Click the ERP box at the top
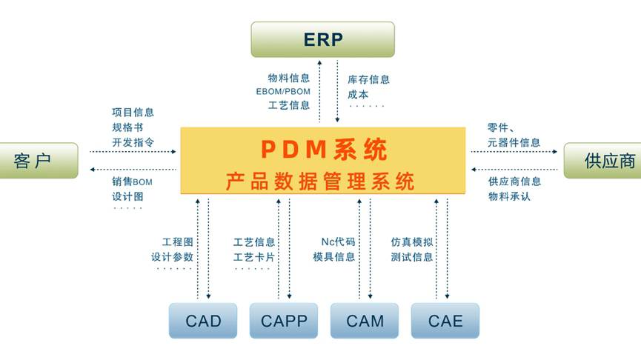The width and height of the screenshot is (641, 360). coord(322,39)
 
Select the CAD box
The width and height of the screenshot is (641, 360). coord(202,321)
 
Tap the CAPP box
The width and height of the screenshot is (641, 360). coord(283,321)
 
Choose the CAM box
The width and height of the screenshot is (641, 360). coord(365,321)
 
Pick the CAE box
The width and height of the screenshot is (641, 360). coord(445,321)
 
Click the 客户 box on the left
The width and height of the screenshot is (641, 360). coord(36,161)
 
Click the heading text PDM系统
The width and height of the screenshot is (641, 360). coord(323,150)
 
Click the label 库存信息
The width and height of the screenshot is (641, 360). coord(368,79)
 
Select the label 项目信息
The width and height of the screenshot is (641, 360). coord(133,113)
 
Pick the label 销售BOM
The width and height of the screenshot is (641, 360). coord(132,181)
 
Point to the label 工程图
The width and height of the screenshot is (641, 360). coord(177,242)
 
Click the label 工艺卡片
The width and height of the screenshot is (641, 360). coord(254,257)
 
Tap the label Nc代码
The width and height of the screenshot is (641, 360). coord(338,242)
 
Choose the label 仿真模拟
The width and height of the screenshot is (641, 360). coord(412,242)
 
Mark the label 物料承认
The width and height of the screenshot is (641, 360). coord(509,196)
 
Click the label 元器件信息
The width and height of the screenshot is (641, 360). coord(514,142)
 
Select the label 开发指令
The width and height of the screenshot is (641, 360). coord(133,142)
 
